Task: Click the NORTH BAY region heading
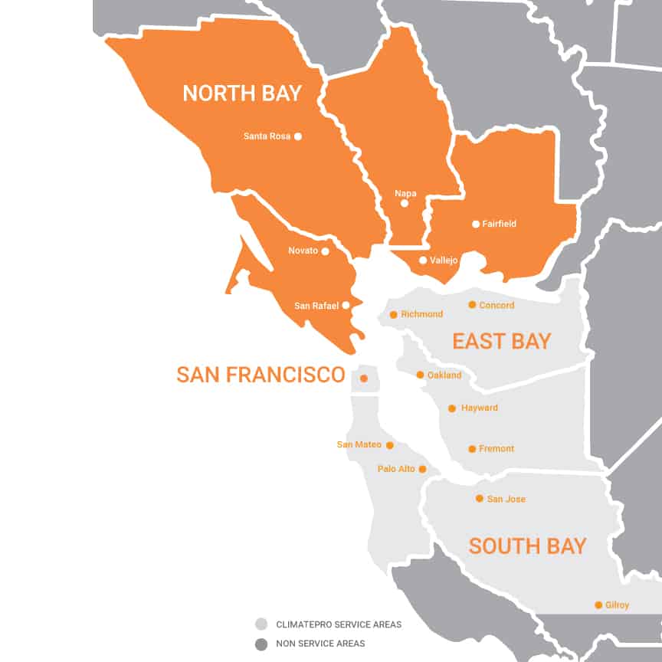[242, 93]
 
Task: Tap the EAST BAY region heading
[501, 341]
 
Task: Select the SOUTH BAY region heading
[527, 546]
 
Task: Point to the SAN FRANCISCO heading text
[261, 375]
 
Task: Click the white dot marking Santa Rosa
[298, 136]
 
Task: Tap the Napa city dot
[405, 204]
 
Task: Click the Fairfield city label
[499, 224]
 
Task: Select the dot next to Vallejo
[423, 261]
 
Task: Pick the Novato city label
[303, 251]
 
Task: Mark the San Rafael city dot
[346, 305]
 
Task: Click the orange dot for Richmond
[394, 315]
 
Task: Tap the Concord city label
[496, 305]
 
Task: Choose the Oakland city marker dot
[420, 375]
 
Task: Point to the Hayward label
[479, 408]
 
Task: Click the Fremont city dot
[472, 449]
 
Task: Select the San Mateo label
[359, 444]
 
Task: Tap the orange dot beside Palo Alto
[422, 469]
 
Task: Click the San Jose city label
[506, 499]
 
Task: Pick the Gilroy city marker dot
[598, 605]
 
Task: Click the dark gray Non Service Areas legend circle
[262, 644]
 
